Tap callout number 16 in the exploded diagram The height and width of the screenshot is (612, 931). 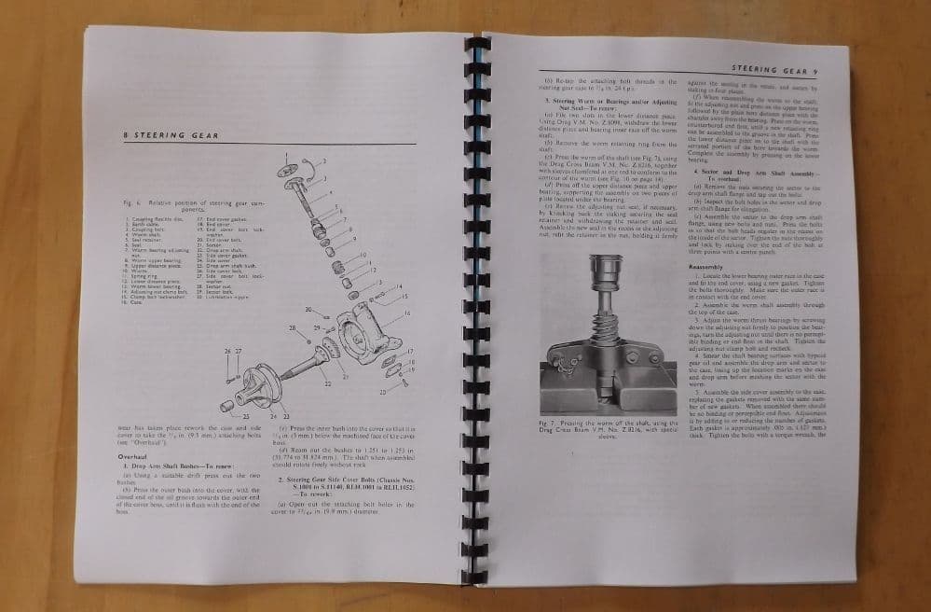pos(407,313)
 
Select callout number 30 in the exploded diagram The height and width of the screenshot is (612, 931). pos(308,309)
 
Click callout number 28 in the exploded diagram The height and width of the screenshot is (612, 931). pos(292,328)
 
